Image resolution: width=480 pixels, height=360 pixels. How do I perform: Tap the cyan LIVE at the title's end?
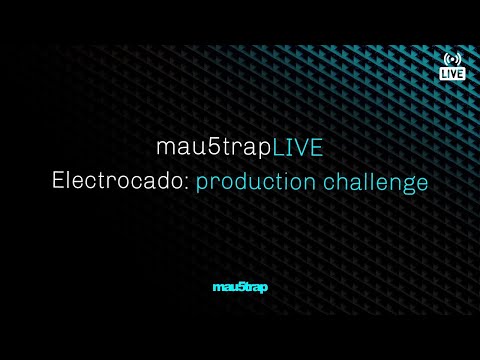(298, 147)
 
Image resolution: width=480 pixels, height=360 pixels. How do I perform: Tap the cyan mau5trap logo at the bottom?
(240, 288)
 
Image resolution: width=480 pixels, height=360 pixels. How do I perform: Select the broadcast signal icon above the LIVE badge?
(452, 58)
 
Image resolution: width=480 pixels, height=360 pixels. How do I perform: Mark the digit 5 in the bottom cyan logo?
(239, 288)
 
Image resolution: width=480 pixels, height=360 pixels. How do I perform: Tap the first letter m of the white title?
(165, 148)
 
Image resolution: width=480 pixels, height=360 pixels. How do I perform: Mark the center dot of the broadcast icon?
(452, 57)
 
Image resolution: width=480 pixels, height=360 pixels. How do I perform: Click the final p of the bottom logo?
(263, 289)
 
